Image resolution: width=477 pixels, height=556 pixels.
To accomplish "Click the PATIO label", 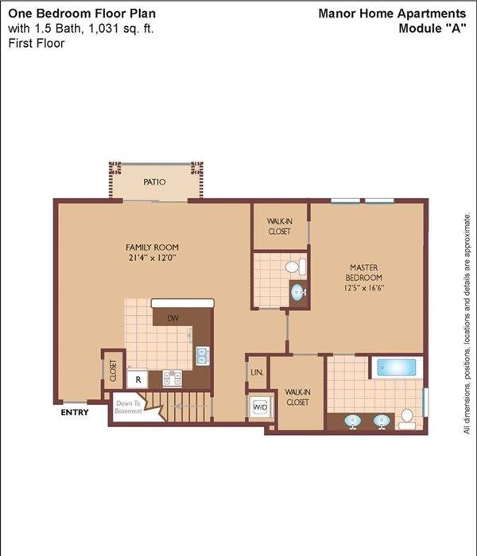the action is (x=154, y=182).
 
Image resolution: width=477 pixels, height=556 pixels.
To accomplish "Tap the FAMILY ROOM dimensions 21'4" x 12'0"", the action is (x=153, y=258).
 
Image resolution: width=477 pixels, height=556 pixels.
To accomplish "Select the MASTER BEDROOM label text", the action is (x=363, y=272).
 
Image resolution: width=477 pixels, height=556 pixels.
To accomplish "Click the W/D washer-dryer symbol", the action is (x=260, y=406).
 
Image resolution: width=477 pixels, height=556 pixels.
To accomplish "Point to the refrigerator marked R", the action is (x=138, y=379).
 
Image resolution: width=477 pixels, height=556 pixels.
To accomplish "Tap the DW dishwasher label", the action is (x=173, y=318).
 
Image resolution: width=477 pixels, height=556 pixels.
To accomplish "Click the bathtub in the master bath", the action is (x=397, y=367).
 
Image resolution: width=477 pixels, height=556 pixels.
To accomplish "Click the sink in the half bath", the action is (x=298, y=293).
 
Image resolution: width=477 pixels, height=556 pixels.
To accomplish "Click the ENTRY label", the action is (x=75, y=412).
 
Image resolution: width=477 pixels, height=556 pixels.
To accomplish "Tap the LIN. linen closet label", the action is (x=257, y=373).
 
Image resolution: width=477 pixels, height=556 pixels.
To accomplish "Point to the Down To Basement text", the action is (x=128, y=407).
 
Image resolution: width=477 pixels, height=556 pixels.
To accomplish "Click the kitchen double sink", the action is (x=203, y=356).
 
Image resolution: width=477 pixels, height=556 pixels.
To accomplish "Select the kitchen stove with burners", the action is (x=173, y=378).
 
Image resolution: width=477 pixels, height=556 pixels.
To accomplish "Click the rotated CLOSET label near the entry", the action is (x=113, y=371).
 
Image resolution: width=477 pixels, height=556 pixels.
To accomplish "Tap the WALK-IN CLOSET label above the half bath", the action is (x=280, y=226).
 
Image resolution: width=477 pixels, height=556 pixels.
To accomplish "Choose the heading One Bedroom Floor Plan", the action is (x=82, y=14).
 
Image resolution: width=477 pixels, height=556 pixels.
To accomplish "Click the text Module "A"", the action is (x=432, y=28).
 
